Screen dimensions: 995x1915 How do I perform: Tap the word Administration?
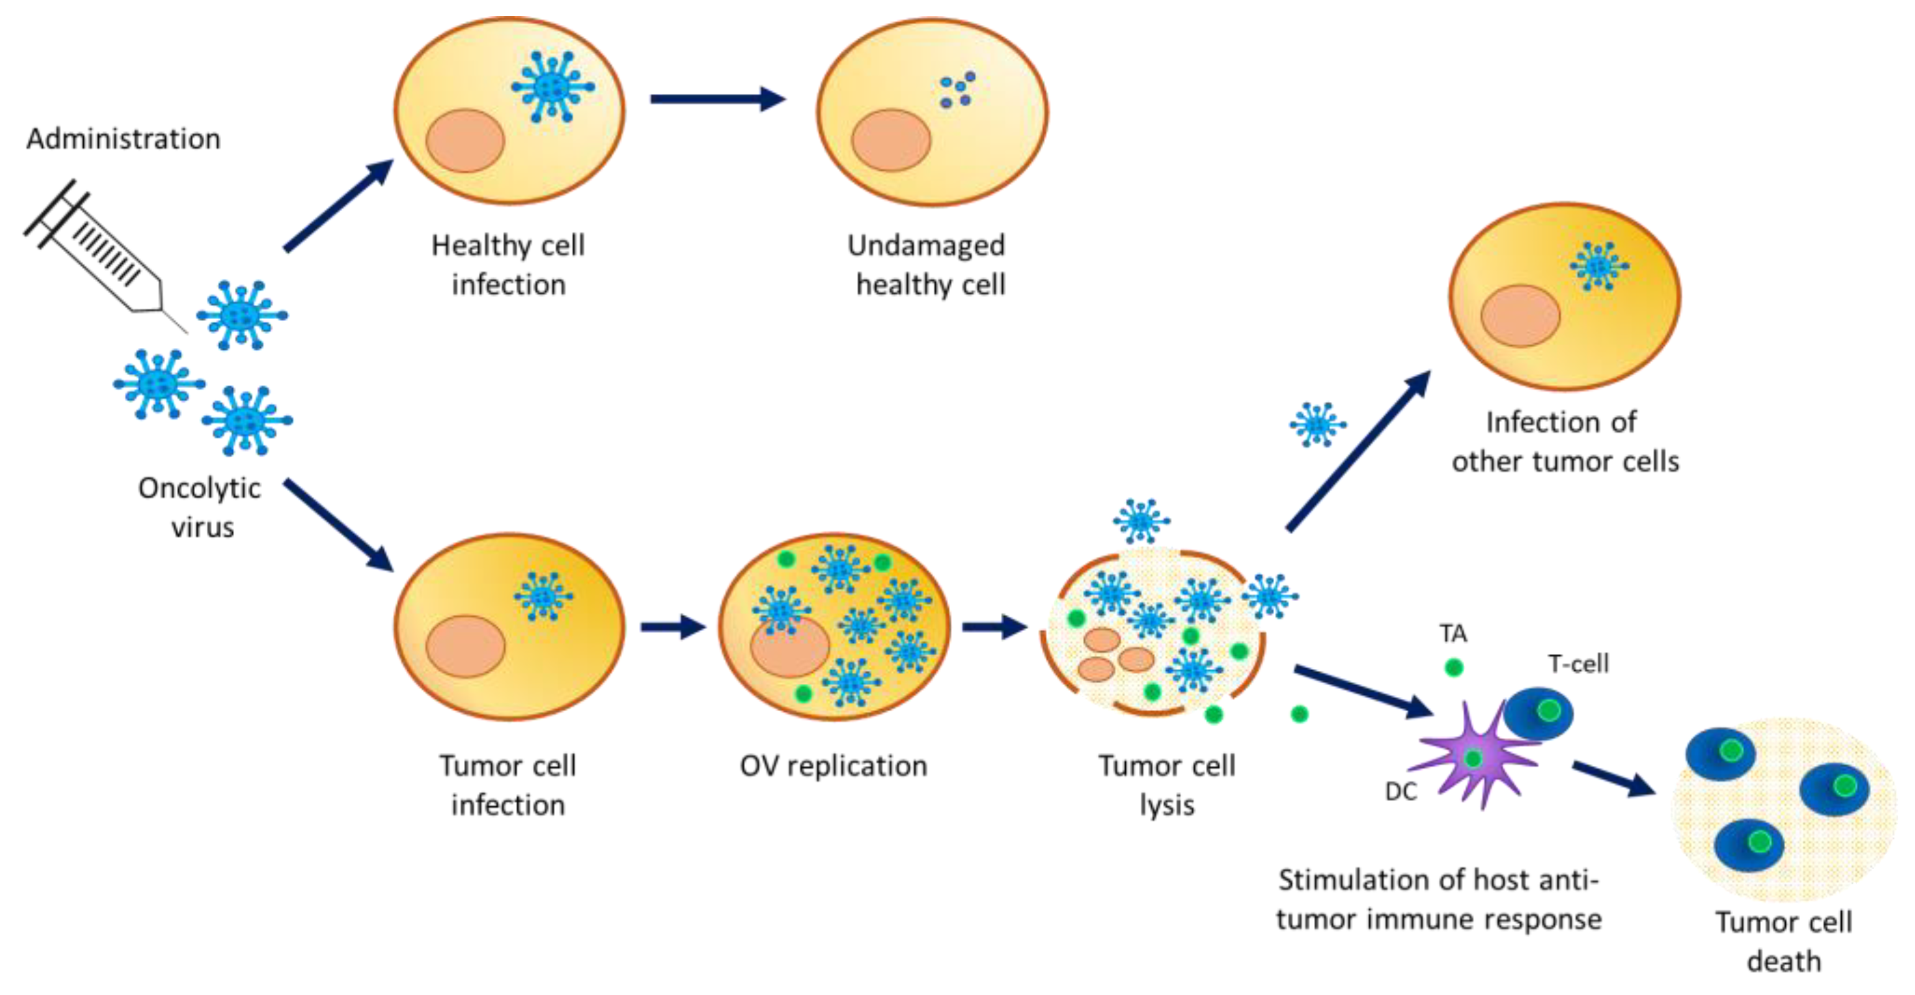point(124,139)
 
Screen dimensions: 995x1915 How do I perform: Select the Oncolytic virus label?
point(201,507)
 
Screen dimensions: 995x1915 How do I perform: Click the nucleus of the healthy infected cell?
point(464,140)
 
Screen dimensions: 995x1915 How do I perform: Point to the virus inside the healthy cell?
point(551,87)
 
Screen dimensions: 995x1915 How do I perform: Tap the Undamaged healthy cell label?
point(928,265)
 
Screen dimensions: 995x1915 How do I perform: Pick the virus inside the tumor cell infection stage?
point(543,596)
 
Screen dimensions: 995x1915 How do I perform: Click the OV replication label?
point(833,766)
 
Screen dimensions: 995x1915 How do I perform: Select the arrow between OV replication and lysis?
point(993,627)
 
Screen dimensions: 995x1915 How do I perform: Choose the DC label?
point(1401,792)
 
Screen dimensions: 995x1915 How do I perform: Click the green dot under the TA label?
point(1454,667)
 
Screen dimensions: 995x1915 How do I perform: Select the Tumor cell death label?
point(1783,942)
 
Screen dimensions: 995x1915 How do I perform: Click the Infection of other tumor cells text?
point(1564,442)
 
